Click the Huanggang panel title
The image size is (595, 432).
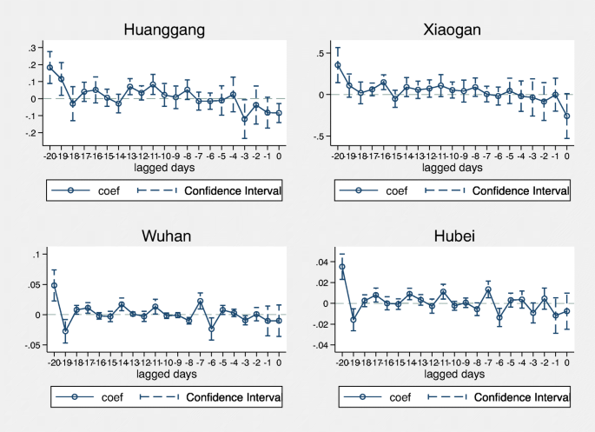click(164, 30)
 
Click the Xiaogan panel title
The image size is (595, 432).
click(452, 30)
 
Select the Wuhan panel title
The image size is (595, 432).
click(164, 237)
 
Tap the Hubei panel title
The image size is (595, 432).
click(452, 237)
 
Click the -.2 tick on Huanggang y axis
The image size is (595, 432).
click(33, 133)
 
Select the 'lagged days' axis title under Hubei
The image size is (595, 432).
click(452, 375)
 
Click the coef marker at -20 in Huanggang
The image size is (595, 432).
click(50, 67)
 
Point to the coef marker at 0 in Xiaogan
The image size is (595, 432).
click(567, 116)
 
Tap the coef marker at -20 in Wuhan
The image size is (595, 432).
click(54, 285)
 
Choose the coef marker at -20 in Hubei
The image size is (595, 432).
click(342, 267)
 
